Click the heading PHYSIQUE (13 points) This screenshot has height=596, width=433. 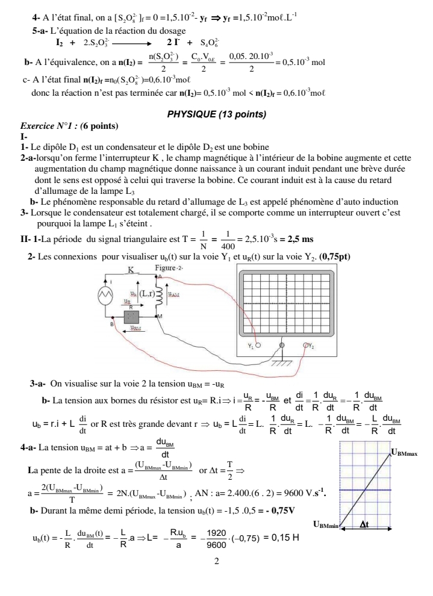[217, 114]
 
